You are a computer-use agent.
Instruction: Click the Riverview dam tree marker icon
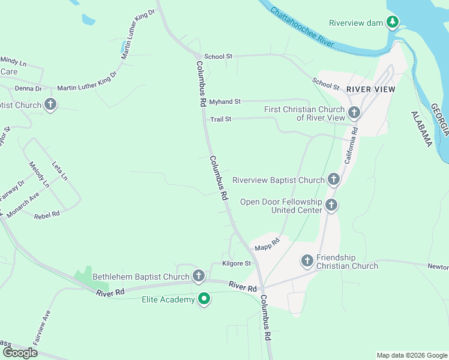click(393, 23)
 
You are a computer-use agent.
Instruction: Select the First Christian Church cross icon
click(354, 112)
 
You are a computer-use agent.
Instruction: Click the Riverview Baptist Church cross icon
click(334, 179)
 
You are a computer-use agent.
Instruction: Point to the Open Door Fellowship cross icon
click(331, 206)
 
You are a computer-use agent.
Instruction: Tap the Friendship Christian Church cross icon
click(307, 261)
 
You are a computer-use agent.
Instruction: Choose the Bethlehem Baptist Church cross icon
click(199, 276)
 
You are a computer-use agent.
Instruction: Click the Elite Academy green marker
click(204, 299)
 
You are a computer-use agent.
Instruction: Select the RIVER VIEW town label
click(371, 89)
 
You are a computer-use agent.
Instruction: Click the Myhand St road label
click(224, 102)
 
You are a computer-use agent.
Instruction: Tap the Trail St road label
click(220, 119)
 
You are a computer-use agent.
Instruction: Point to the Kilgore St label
click(236, 263)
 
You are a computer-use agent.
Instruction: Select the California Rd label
click(351, 145)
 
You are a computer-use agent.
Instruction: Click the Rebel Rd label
click(47, 214)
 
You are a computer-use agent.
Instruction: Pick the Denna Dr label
click(28, 88)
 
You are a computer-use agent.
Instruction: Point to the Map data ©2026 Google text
click(411, 355)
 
